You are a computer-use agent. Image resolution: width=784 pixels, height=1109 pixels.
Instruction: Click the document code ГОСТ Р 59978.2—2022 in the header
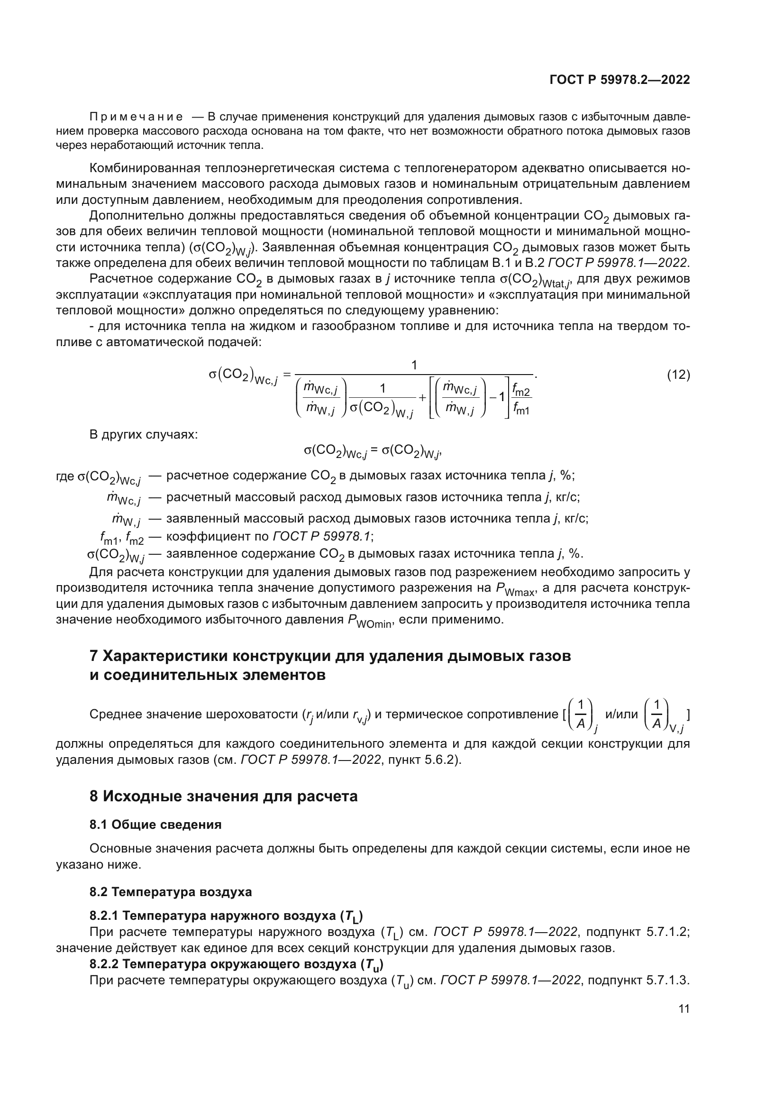[620, 80]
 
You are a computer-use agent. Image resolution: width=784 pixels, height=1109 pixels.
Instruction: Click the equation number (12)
[678, 375]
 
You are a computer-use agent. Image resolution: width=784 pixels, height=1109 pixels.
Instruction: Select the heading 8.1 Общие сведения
[155, 825]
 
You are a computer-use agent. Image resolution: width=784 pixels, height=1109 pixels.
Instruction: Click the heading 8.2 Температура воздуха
[171, 892]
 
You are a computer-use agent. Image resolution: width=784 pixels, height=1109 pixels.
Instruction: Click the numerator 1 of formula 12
[414, 366]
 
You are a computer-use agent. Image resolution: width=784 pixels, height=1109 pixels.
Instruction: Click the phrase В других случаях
[143, 434]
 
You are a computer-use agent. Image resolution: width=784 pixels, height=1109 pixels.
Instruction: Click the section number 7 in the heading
[94, 656]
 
